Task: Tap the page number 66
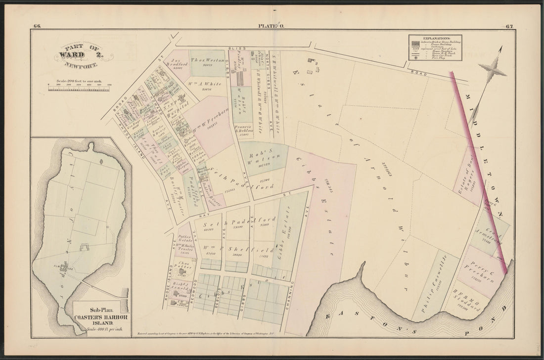(37, 26)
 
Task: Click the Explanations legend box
(435, 47)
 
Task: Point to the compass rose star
(492, 72)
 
